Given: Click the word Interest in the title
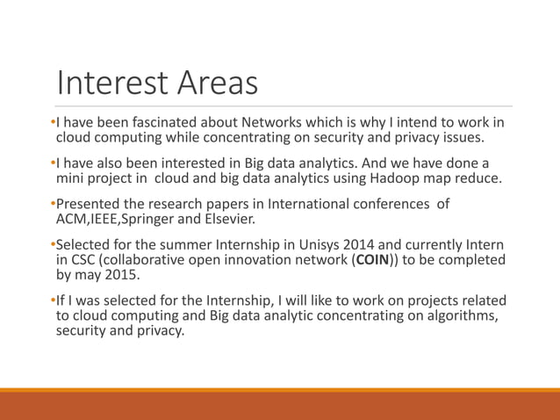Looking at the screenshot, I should point(112,83).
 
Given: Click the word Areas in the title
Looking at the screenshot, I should point(218,83).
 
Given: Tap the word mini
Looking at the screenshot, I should point(71,179).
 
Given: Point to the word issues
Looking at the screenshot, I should point(461,138).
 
